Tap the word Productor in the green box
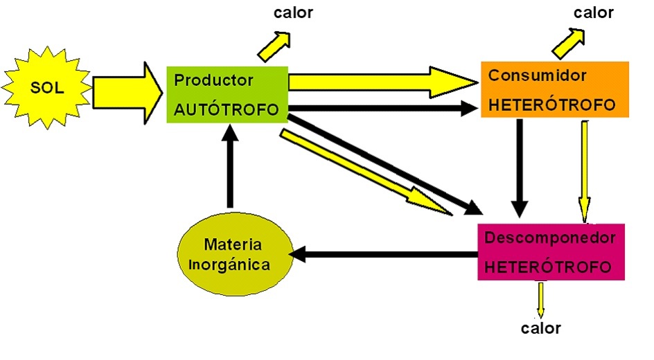[x=213, y=80]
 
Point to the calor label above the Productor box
[x=293, y=13]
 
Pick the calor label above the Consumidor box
[x=594, y=12]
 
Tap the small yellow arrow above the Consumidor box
[x=569, y=43]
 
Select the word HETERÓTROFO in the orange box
[x=552, y=105]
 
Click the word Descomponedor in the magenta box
[x=550, y=238]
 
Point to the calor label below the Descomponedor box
[x=540, y=328]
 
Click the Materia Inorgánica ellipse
[x=233, y=254]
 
